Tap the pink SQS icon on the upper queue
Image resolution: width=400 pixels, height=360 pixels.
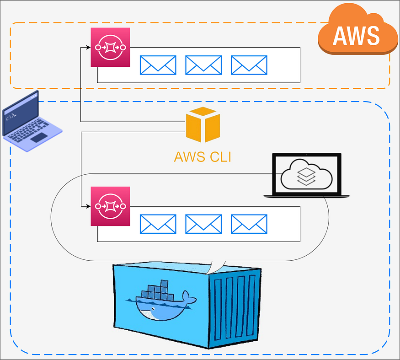click(x=110, y=47)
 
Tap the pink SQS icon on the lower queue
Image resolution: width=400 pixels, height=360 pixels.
click(x=110, y=206)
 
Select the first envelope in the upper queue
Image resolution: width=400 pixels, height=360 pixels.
click(x=158, y=65)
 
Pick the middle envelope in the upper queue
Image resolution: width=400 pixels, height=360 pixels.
click(x=203, y=65)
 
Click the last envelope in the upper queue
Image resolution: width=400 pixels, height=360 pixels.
click(x=249, y=65)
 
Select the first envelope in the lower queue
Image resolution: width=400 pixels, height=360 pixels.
click(x=158, y=224)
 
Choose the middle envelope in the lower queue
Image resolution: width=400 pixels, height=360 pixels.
click(x=203, y=224)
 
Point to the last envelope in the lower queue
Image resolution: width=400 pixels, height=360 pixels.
click(x=249, y=224)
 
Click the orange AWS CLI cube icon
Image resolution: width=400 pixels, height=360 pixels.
click(x=203, y=124)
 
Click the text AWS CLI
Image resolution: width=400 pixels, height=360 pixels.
click(x=203, y=157)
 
